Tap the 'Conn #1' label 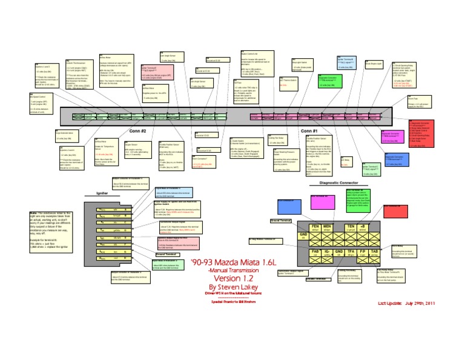(x=309, y=130)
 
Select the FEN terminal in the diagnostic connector (x=315, y=228)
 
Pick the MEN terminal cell (x=328, y=228)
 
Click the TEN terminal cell (x=350, y=228)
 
